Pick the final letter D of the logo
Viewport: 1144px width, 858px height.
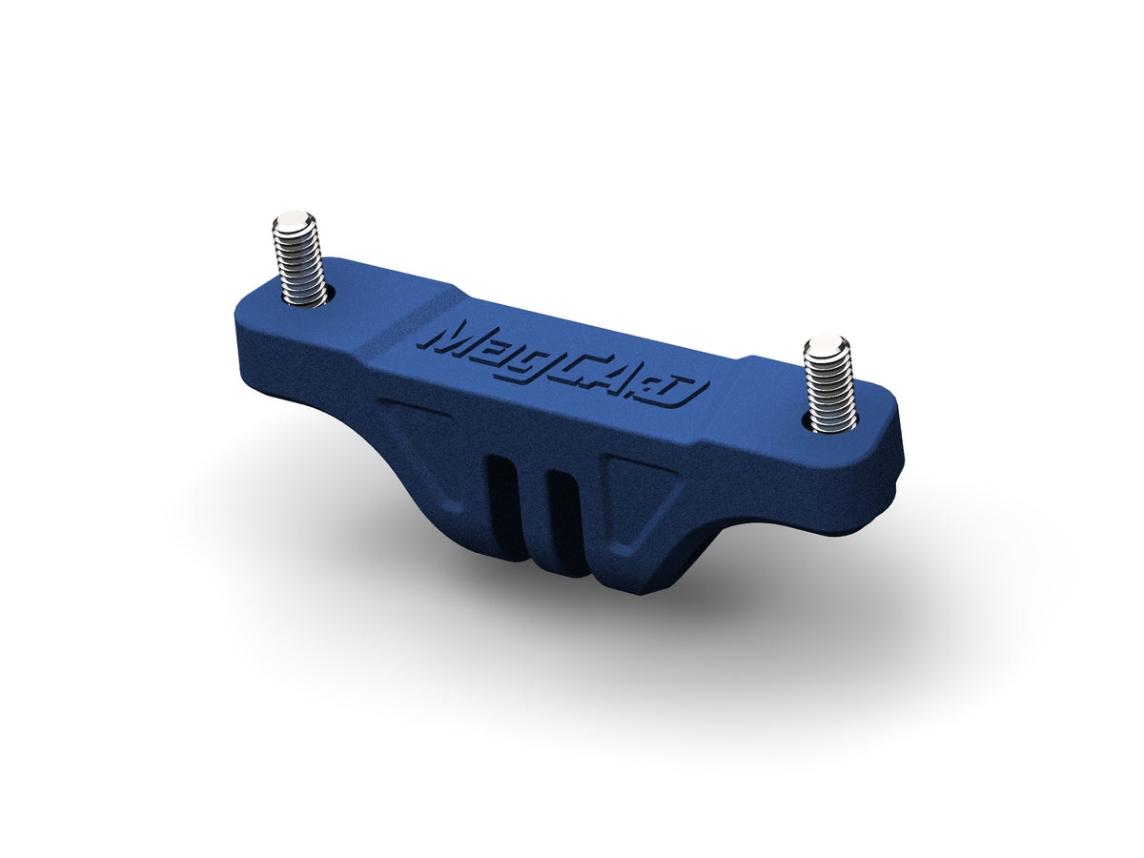click(683, 393)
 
